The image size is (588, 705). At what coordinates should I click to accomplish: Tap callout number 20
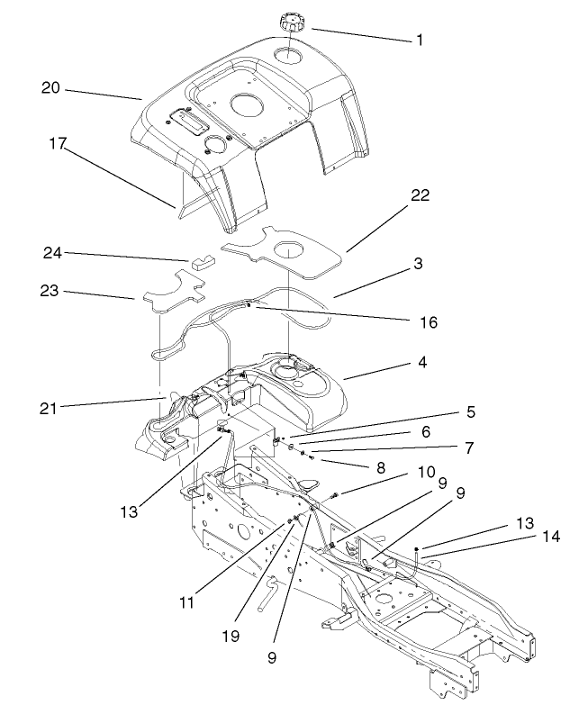pyautogui.click(x=50, y=87)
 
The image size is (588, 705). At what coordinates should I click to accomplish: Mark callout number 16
pyautogui.click(x=428, y=321)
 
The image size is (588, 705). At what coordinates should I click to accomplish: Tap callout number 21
pyautogui.click(x=47, y=407)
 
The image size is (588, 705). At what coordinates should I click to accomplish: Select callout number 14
pyautogui.click(x=551, y=536)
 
